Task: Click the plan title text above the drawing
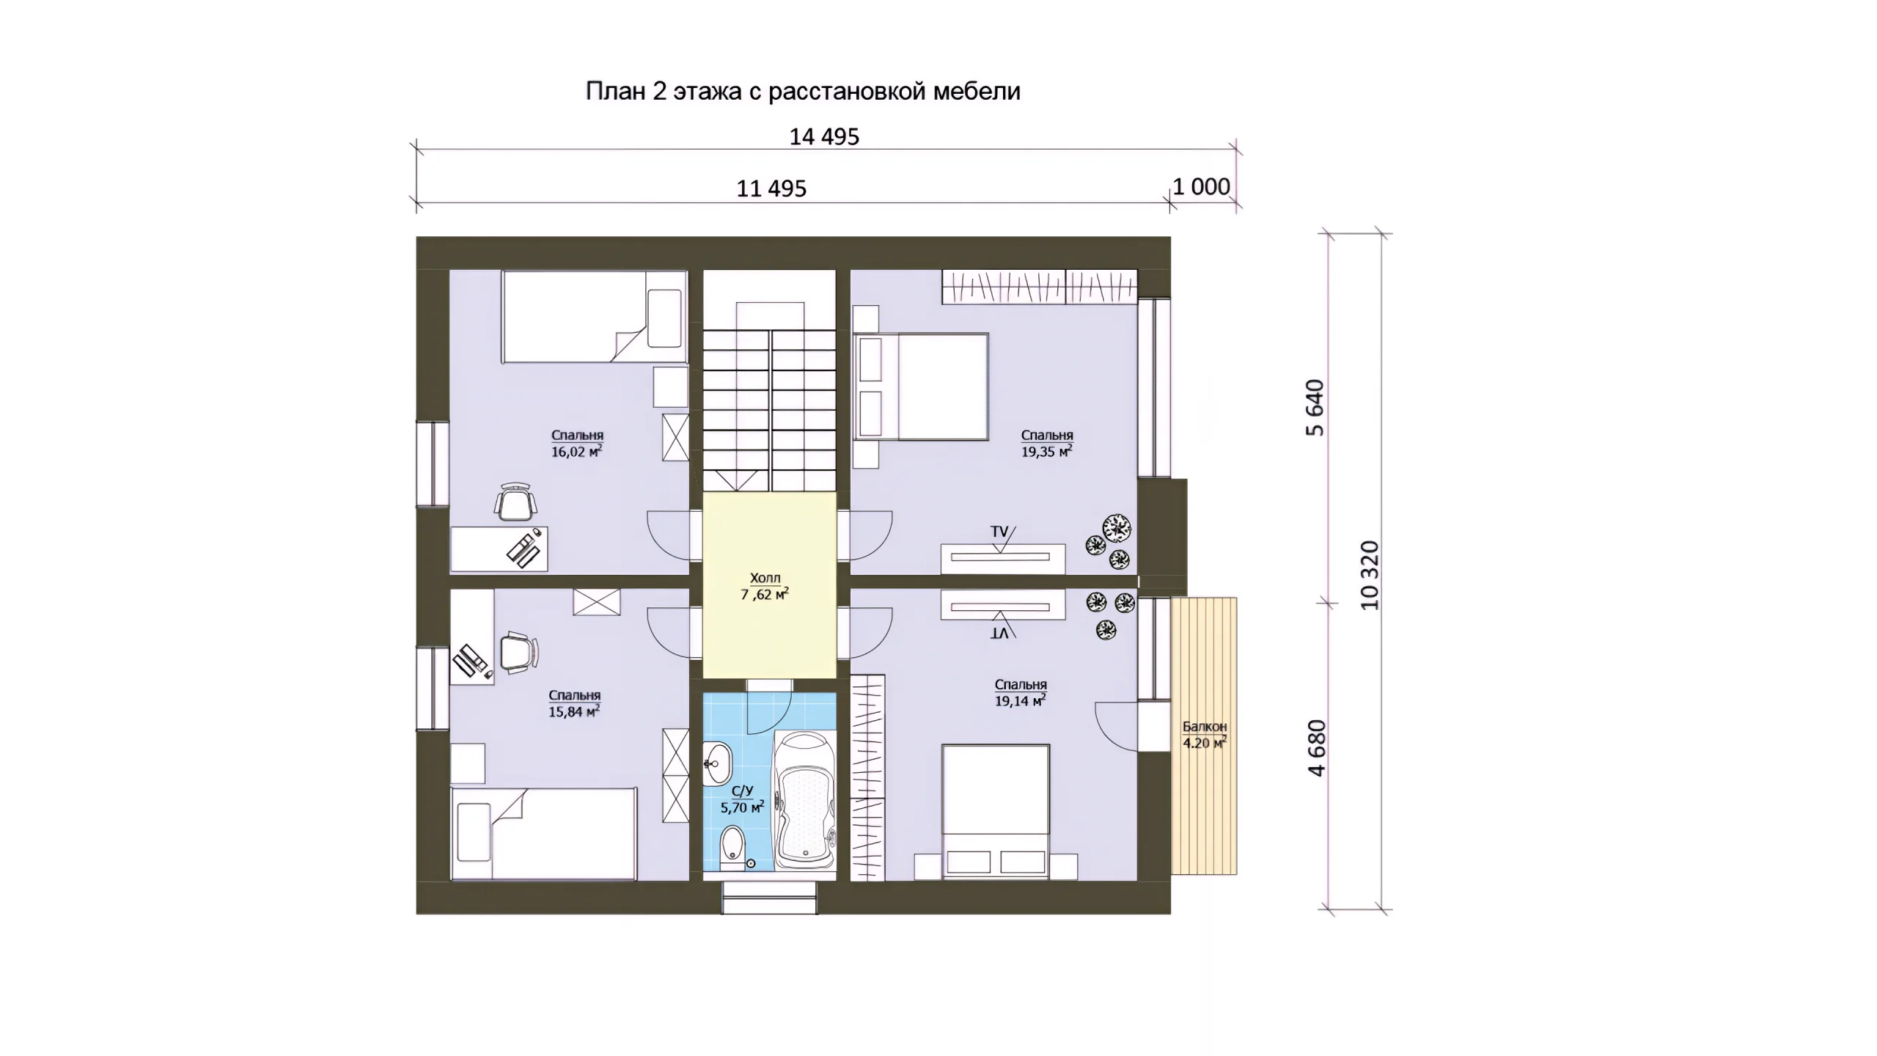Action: click(803, 91)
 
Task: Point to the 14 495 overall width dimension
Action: click(824, 137)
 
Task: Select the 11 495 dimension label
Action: click(771, 189)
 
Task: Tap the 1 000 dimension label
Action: click(1201, 187)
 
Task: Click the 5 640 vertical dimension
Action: click(1316, 408)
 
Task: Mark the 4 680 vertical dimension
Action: click(1316, 748)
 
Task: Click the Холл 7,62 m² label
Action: click(765, 587)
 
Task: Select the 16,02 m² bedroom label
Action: click(577, 444)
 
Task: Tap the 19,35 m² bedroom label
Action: click(1047, 444)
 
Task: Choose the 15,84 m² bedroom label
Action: click(575, 703)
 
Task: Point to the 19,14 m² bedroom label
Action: click(1021, 693)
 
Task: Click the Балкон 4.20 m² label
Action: click(1205, 735)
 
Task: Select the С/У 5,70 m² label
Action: click(742, 799)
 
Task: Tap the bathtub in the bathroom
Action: click(804, 807)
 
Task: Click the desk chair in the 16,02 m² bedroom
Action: click(516, 502)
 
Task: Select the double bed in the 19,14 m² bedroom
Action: click(996, 811)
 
